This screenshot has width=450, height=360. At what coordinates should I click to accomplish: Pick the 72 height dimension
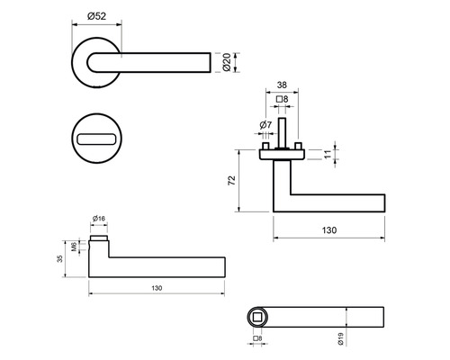[x=232, y=181]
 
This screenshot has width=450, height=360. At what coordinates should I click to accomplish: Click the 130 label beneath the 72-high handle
[x=328, y=230]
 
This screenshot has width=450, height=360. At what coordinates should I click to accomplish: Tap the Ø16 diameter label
[x=99, y=219]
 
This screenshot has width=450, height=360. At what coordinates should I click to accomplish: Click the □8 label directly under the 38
[x=281, y=99]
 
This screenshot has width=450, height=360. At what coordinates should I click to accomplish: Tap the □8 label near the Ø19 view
[x=257, y=338]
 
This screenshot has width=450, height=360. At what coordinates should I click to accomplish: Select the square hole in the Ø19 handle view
[x=258, y=318]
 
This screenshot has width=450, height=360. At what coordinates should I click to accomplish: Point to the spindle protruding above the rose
[x=282, y=134]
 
